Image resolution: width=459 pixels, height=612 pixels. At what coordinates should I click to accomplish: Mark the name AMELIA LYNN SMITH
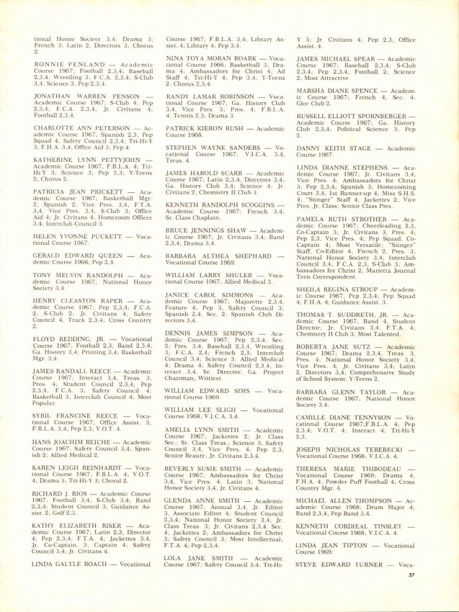coord(200,430)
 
